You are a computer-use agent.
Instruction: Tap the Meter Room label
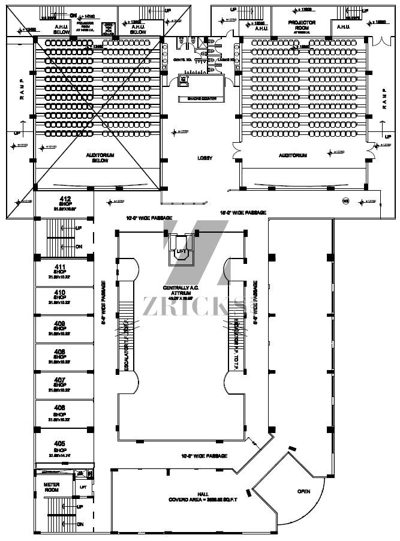(52, 486)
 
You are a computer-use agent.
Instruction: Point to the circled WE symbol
(346, 200)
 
